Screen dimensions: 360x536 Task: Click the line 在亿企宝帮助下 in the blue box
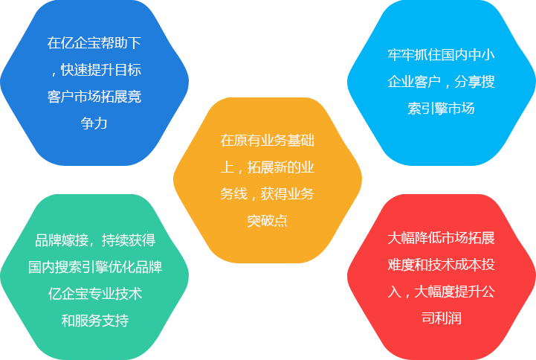tap(94, 43)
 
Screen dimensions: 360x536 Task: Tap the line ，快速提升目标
tap(94, 70)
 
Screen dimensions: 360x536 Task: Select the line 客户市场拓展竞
tap(94, 97)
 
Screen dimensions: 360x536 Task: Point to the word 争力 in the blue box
tap(94, 123)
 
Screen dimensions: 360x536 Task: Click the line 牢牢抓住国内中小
tap(441, 55)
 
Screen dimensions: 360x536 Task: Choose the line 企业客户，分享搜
tap(441, 82)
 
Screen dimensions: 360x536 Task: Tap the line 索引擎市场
tap(441, 109)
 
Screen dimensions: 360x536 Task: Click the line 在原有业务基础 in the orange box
tap(268, 140)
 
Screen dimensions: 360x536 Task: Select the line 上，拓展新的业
tap(268, 167)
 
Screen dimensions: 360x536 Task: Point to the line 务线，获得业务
tap(268, 194)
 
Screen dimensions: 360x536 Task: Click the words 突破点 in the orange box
tap(268, 221)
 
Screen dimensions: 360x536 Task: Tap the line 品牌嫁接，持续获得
tap(95, 240)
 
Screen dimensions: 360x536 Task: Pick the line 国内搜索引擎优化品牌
tap(95, 267)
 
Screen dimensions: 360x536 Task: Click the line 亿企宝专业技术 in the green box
tap(95, 294)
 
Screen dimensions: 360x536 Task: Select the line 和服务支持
tap(95, 321)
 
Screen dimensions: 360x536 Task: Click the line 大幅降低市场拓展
tap(441, 238)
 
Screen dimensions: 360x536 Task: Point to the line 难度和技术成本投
tap(441, 265)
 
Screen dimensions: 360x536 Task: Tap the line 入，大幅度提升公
tap(441, 292)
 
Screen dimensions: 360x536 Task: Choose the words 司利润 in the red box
tap(441, 318)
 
